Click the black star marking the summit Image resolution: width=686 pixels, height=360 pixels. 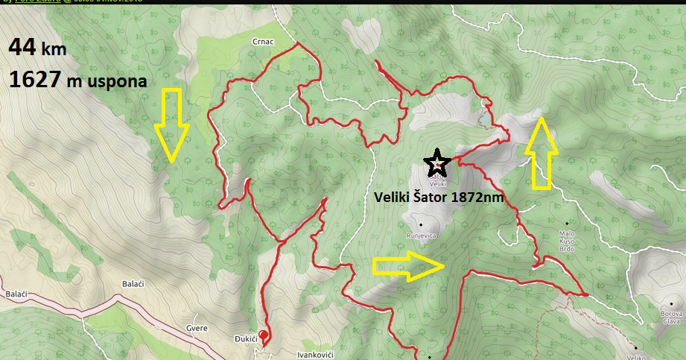pos(436,162)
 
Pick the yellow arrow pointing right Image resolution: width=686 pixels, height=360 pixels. pos(409,266)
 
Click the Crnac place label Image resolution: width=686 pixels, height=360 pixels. pos(264,42)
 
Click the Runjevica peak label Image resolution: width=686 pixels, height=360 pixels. pos(421,235)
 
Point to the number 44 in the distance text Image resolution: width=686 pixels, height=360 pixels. pos(22,48)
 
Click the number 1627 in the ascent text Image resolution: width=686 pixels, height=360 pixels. pos(34,80)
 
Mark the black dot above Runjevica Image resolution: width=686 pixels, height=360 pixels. pos(420,224)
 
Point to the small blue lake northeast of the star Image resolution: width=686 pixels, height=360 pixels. pos(485,118)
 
